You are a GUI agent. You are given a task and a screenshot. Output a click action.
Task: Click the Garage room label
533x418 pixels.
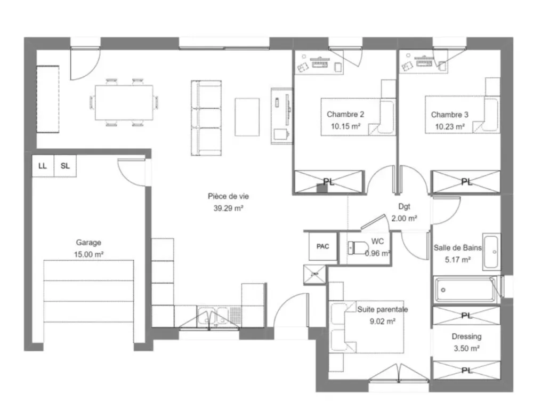point(88,242)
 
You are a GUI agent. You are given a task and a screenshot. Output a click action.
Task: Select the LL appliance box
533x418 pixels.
point(43,166)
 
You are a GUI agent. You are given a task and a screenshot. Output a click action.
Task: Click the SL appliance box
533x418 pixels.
point(65,166)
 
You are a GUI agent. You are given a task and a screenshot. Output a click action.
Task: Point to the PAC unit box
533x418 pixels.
point(322,246)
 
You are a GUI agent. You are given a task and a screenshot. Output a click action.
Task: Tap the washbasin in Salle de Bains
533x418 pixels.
point(491,251)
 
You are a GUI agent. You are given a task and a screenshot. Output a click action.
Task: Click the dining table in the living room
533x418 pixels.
point(124,103)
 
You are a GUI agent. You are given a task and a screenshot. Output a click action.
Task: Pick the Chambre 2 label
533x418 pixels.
point(345,114)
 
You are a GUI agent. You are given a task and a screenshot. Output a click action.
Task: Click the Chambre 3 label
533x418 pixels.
point(450,114)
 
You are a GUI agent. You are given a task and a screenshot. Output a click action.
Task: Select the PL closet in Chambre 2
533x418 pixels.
point(329,182)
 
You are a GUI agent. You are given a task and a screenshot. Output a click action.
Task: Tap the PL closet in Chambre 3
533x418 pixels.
point(466,182)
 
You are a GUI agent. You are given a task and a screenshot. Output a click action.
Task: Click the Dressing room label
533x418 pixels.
point(466,336)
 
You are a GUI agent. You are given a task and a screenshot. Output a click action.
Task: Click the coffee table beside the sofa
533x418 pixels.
point(247,117)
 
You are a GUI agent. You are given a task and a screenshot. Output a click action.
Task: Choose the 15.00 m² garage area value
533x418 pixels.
point(88,255)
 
